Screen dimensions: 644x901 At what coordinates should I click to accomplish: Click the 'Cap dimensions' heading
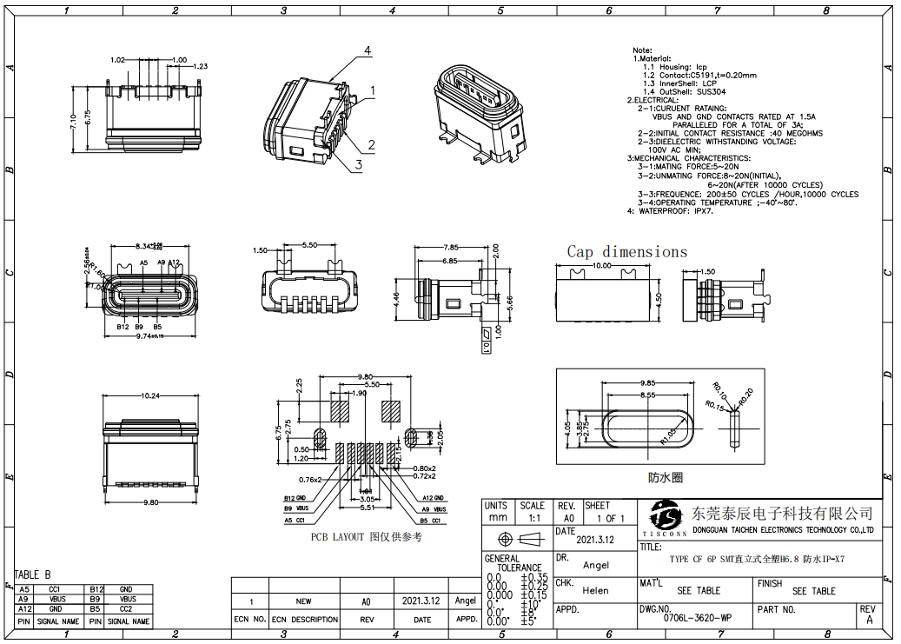626,252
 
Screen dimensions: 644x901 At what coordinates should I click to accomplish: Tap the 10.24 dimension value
150,396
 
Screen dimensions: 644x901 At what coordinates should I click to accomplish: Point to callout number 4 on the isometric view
368,51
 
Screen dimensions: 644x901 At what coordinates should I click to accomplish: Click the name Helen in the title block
595,590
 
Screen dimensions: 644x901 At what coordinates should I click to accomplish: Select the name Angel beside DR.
595,565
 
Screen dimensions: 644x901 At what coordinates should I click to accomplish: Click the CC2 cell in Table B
128,610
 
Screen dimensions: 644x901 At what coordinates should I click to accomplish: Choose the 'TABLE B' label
32,574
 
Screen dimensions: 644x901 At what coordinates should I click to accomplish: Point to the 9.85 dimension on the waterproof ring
647,383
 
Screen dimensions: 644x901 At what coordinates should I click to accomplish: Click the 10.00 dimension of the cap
602,265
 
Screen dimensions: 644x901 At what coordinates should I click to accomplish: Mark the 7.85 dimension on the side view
450,247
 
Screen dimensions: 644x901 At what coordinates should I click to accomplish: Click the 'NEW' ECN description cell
303,601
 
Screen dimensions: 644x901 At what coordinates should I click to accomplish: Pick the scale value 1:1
532,518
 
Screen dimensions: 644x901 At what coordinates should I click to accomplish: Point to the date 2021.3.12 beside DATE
596,539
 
